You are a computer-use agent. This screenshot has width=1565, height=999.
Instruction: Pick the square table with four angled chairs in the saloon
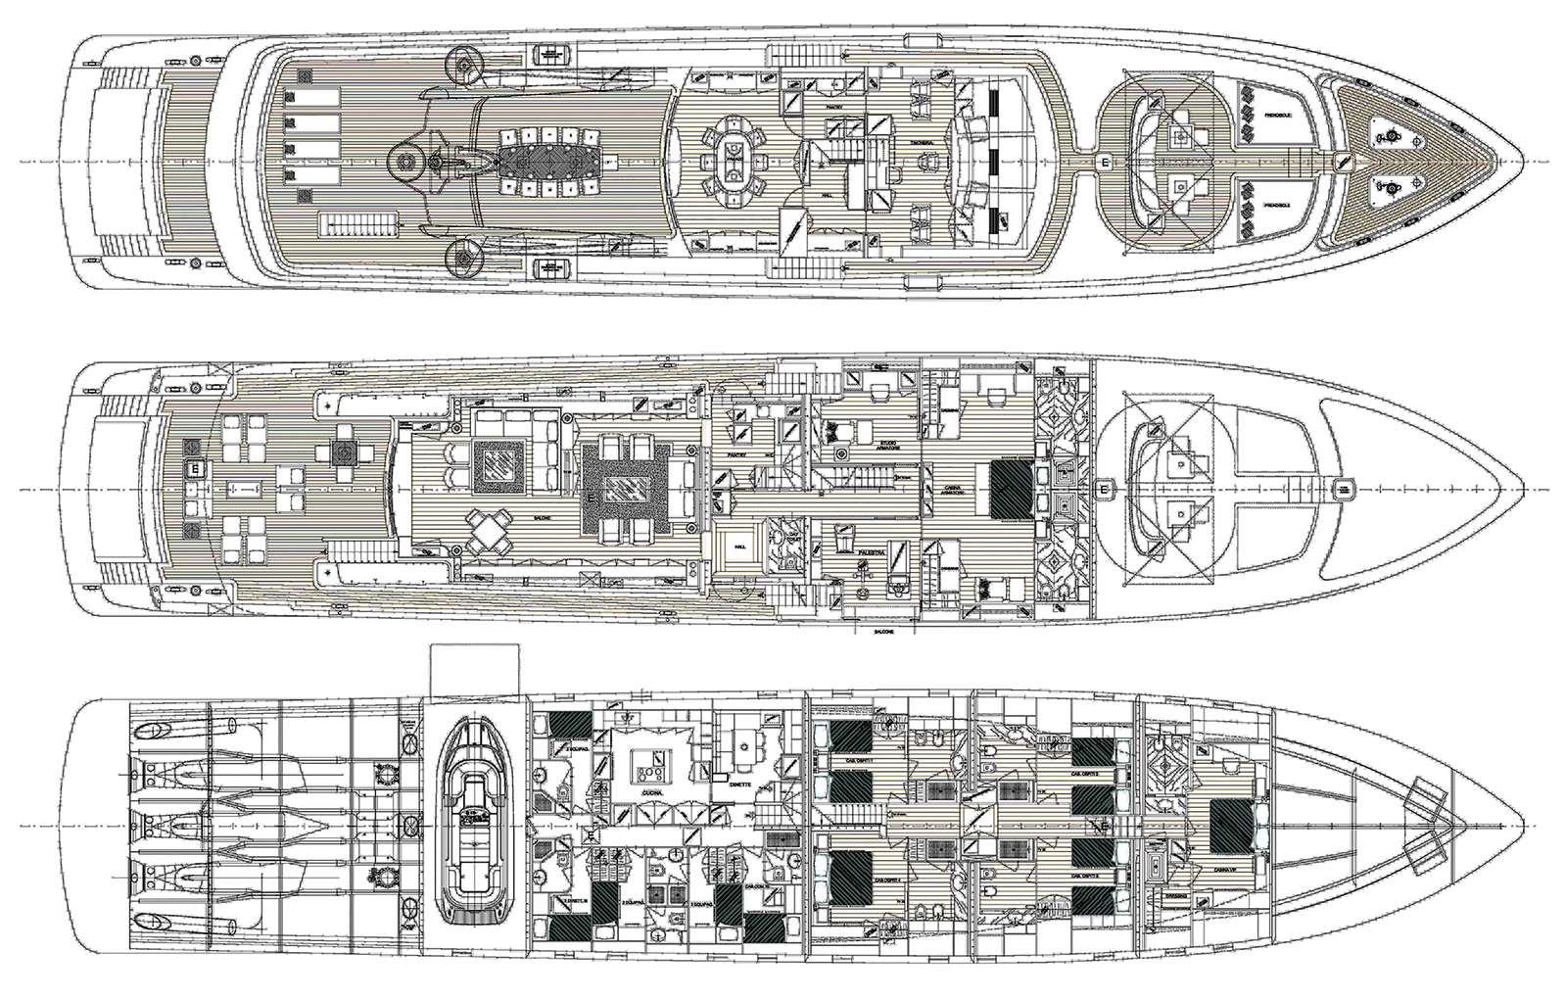click(490, 534)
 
